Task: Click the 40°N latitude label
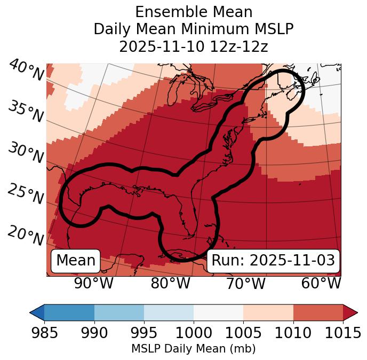(25, 71)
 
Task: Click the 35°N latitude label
(25, 111)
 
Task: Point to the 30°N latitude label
(25, 153)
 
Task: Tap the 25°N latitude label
(25, 194)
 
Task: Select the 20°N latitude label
(25, 236)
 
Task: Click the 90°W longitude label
(93, 284)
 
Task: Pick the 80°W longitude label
(170, 284)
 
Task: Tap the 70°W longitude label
(245, 284)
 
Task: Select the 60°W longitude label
(321, 284)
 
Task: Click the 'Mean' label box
(76, 261)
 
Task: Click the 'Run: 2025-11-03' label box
(273, 261)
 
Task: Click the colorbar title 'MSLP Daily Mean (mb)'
(194, 349)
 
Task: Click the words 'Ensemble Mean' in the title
(194, 12)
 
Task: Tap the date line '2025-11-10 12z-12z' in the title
(194, 46)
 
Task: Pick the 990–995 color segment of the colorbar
(119, 312)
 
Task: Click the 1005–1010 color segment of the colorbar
(268, 312)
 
